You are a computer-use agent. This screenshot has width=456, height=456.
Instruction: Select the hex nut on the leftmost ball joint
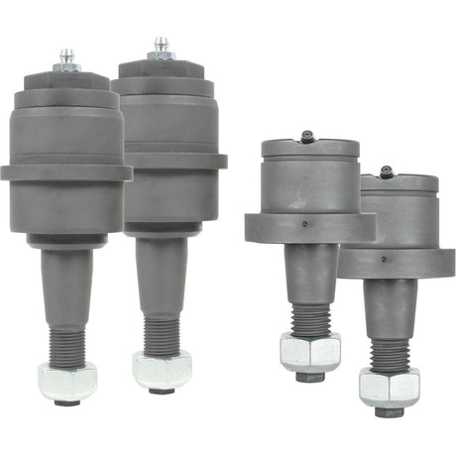(x=66, y=380)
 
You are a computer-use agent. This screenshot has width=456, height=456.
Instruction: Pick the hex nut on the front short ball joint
(x=309, y=351)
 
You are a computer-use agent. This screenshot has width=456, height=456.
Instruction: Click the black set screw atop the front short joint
(x=308, y=139)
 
